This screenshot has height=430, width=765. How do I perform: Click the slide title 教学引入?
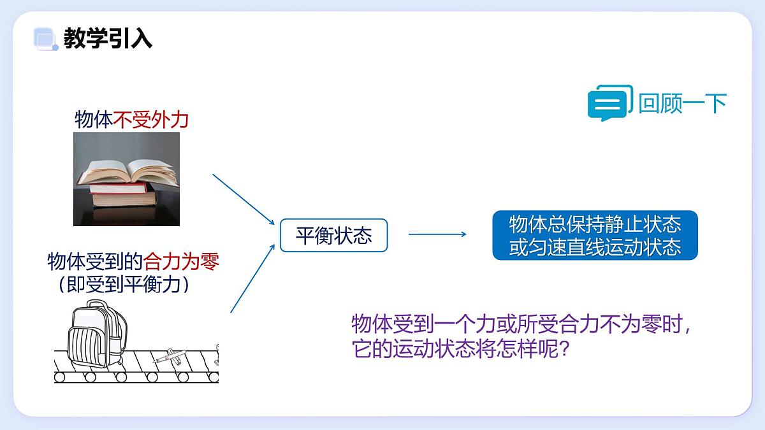coord(108,39)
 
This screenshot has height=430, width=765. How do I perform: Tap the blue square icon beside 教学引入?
coord(45,39)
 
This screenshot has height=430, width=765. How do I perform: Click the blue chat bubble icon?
coord(609,103)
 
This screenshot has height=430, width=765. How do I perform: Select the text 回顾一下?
coord(682,103)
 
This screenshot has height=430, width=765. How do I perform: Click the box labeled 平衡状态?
coord(333,235)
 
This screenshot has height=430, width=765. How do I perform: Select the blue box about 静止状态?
coord(595,235)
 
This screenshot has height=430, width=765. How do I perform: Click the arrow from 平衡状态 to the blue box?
coord(437,234)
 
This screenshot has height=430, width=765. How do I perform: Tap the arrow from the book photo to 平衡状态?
coord(243,199)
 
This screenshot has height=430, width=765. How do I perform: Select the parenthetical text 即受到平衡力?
coord(124,284)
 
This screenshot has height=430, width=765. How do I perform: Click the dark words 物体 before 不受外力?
coord(94,120)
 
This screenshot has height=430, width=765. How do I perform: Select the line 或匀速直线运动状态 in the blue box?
coord(595,247)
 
